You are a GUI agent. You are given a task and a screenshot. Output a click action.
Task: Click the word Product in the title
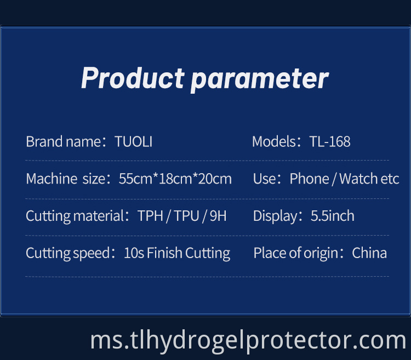[x=132, y=78]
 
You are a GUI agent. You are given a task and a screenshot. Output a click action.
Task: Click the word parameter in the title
[x=259, y=79]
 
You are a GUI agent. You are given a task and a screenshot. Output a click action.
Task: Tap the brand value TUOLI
[x=134, y=142]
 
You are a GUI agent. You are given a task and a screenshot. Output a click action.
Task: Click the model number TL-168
[x=330, y=142]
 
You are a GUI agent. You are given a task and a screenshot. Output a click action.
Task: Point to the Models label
[x=275, y=142]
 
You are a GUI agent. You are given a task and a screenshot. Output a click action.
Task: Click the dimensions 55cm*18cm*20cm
[x=175, y=179]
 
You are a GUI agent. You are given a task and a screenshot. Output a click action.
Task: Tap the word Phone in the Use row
[x=310, y=179]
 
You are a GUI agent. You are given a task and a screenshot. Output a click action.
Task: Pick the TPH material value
[x=151, y=216]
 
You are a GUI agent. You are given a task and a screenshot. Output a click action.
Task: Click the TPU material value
[x=186, y=216]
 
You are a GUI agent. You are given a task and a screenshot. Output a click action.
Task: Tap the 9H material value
[x=218, y=216]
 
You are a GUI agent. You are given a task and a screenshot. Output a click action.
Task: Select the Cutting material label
[x=75, y=216]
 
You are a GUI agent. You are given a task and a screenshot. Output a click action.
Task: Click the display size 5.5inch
[x=333, y=216]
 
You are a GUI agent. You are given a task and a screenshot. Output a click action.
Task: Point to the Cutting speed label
[x=68, y=253]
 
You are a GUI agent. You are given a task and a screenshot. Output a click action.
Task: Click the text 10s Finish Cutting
[x=177, y=253]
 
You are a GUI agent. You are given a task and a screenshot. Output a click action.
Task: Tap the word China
[x=369, y=253]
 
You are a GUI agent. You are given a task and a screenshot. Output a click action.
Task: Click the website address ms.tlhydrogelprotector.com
[x=248, y=340]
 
